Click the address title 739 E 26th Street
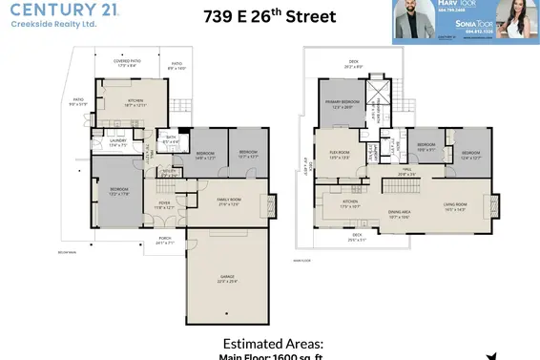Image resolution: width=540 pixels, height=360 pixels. point(269,17)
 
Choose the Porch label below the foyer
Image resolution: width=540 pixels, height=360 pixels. point(165,240)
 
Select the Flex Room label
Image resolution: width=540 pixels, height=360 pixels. point(342,156)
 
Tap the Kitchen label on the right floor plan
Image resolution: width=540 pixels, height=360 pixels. point(351,204)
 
